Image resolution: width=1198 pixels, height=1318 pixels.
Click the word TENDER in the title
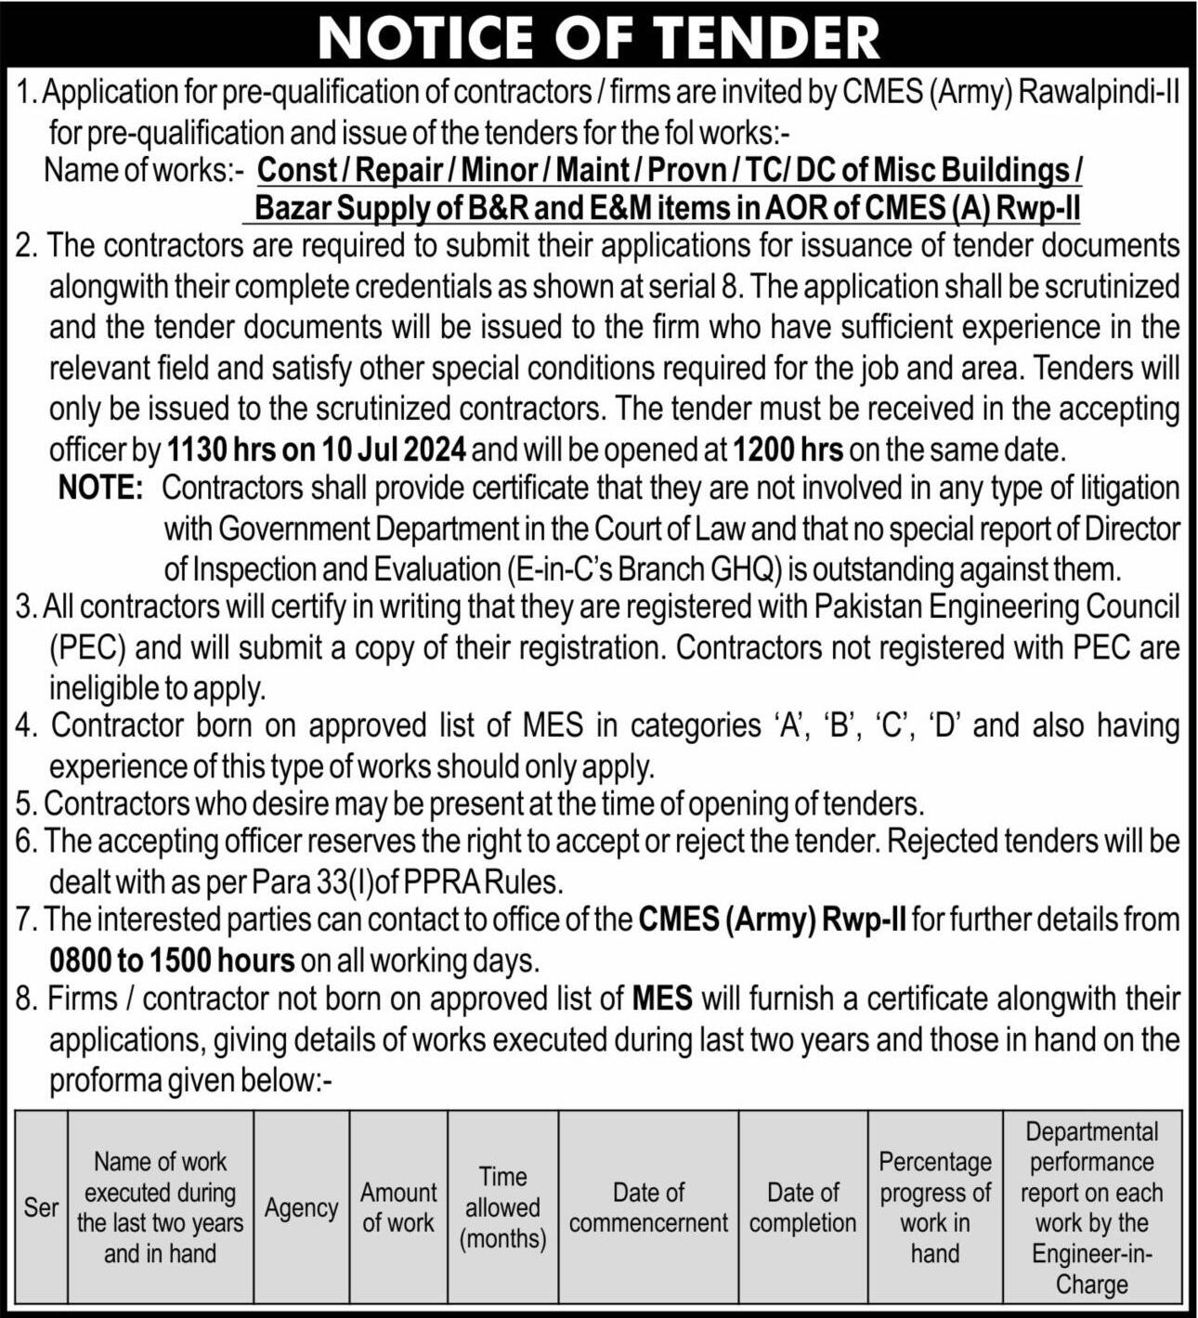(x=766, y=37)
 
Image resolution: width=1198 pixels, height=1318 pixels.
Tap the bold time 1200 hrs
(x=788, y=450)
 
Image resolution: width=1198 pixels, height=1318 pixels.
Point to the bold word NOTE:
(x=100, y=488)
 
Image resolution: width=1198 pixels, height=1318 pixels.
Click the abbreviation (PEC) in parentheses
(x=87, y=647)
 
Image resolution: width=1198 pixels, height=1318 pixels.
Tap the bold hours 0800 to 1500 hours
(x=172, y=959)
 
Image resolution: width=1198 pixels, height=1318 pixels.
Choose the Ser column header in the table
(x=41, y=1207)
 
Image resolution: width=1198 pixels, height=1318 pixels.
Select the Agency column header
(x=301, y=1207)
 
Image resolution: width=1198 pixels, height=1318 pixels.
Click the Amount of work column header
(x=398, y=1207)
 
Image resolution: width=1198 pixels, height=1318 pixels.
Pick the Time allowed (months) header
(x=502, y=1207)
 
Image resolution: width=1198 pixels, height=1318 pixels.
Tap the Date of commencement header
(x=648, y=1207)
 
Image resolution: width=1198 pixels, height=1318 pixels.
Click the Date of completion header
(x=802, y=1207)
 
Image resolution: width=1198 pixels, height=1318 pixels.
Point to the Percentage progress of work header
(x=934, y=1207)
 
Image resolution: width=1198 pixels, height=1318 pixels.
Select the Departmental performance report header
(x=1091, y=1207)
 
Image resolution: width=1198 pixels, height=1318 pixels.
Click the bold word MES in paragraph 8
(x=662, y=999)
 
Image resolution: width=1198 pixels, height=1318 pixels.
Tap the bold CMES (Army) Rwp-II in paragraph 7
(x=772, y=920)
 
